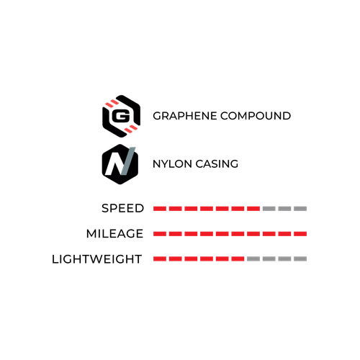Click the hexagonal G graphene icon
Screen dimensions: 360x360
[121, 116]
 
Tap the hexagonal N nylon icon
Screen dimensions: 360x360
[120, 164]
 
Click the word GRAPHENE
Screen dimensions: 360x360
[185, 116]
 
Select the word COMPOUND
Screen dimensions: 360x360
[256, 116]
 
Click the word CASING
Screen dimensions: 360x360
[217, 164]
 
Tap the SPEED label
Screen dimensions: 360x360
[122, 208]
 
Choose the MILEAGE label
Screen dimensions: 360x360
[114, 233]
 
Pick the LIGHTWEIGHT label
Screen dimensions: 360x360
[96, 259]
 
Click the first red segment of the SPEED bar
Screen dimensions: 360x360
[160, 209]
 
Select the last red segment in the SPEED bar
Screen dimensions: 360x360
[253, 209]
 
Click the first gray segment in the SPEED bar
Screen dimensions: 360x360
[269, 209]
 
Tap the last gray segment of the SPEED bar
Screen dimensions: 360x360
[300, 209]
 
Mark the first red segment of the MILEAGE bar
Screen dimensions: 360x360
[160, 234]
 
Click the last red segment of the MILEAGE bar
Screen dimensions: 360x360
[300, 234]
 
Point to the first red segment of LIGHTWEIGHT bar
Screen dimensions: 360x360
[160, 258]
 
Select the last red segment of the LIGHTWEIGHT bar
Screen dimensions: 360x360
[238, 258]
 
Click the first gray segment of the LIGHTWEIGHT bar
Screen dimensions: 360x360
[253, 258]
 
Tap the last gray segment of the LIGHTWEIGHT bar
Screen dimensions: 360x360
[300, 258]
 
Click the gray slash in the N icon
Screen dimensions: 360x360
[128, 161]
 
